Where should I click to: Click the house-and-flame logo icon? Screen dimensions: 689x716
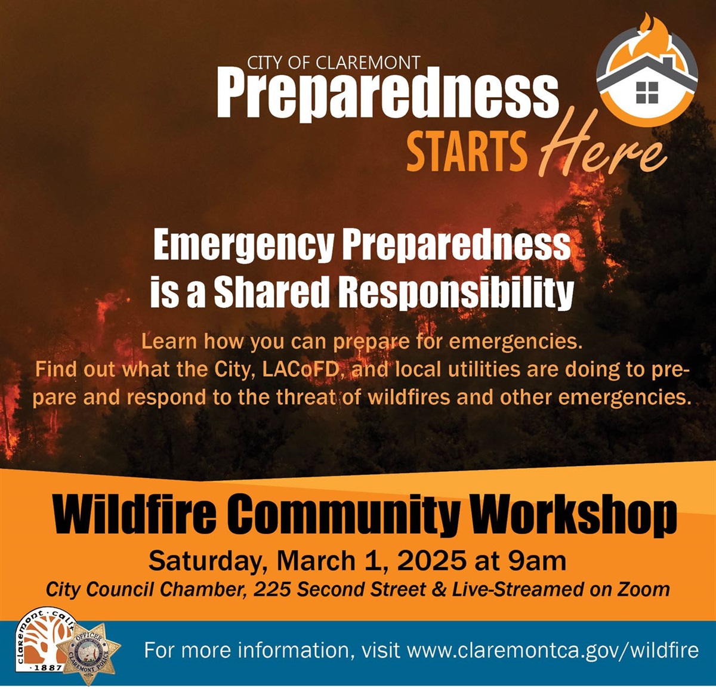[647, 75]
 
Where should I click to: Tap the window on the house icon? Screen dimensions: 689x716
[647, 93]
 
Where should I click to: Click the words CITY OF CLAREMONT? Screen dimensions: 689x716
[334, 62]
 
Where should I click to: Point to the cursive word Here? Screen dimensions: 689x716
[603, 149]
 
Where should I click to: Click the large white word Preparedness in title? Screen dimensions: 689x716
[388, 95]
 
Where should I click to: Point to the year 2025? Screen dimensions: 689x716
[431, 561]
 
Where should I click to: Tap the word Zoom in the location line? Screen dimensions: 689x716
[644, 590]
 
